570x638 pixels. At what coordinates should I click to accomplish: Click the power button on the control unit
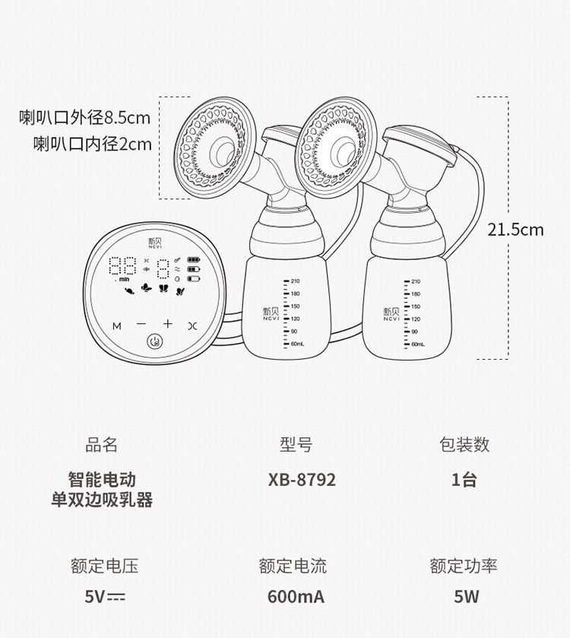pyautogui.click(x=154, y=341)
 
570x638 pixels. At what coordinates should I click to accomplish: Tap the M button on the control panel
pyautogui.click(x=117, y=326)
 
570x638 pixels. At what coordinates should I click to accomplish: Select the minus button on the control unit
pyautogui.click(x=141, y=324)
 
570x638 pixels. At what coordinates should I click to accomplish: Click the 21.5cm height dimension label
pyautogui.click(x=515, y=230)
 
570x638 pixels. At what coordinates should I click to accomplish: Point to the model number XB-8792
pyautogui.click(x=302, y=480)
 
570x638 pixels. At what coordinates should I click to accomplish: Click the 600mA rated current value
pyautogui.click(x=296, y=596)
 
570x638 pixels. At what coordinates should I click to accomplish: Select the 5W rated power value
pyautogui.click(x=467, y=596)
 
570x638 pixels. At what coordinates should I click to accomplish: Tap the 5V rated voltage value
pyautogui.click(x=105, y=596)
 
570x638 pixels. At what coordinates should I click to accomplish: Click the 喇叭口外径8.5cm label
pyautogui.click(x=84, y=118)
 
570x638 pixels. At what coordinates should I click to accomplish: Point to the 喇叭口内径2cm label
pyautogui.click(x=92, y=144)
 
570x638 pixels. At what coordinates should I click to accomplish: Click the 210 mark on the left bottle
pyautogui.click(x=295, y=281)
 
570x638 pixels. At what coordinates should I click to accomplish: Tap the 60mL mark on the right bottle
pyautogui.click(x=418, y=344)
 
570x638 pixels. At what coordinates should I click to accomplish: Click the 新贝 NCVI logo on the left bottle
pyautogui.click(x=271, y=314)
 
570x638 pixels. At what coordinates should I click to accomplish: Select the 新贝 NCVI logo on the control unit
pyautogui.click(x=154, y=243)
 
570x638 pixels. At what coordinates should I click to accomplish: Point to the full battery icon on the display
pyautogui.click(x=194, y=259)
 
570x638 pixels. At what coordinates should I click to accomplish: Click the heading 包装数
pyautogui.click(x=464, y=444)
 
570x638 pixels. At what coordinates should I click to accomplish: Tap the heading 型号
pyautogui.click(x=296, y=444)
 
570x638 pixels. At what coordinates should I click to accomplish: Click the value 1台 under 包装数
pyautogui.click(x=464, y=480)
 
